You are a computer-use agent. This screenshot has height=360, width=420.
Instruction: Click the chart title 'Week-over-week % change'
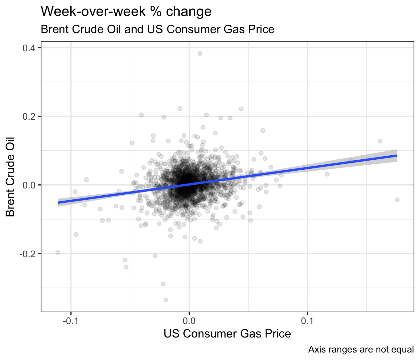tap(126, 12)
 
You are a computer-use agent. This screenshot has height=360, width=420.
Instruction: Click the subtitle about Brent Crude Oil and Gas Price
tap(157, 29)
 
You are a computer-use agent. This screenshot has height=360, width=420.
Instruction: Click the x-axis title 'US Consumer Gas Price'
tap(227, 334)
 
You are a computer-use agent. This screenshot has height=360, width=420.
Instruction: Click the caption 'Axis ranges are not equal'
tap(361, 349)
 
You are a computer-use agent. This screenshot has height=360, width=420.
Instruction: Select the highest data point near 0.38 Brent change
tap(200, 53)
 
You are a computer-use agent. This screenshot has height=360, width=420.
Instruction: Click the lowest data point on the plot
tap(166, 300)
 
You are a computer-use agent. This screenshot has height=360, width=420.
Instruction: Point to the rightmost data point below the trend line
tap(397, 200)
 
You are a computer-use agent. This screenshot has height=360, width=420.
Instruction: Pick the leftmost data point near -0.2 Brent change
tap(58, 252)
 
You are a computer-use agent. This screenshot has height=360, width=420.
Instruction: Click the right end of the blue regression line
tap(397, 155)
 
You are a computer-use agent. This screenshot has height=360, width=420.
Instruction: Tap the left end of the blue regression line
tap(58, 202)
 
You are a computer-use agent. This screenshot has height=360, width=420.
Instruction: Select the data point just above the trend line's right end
tap(380, 141)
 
